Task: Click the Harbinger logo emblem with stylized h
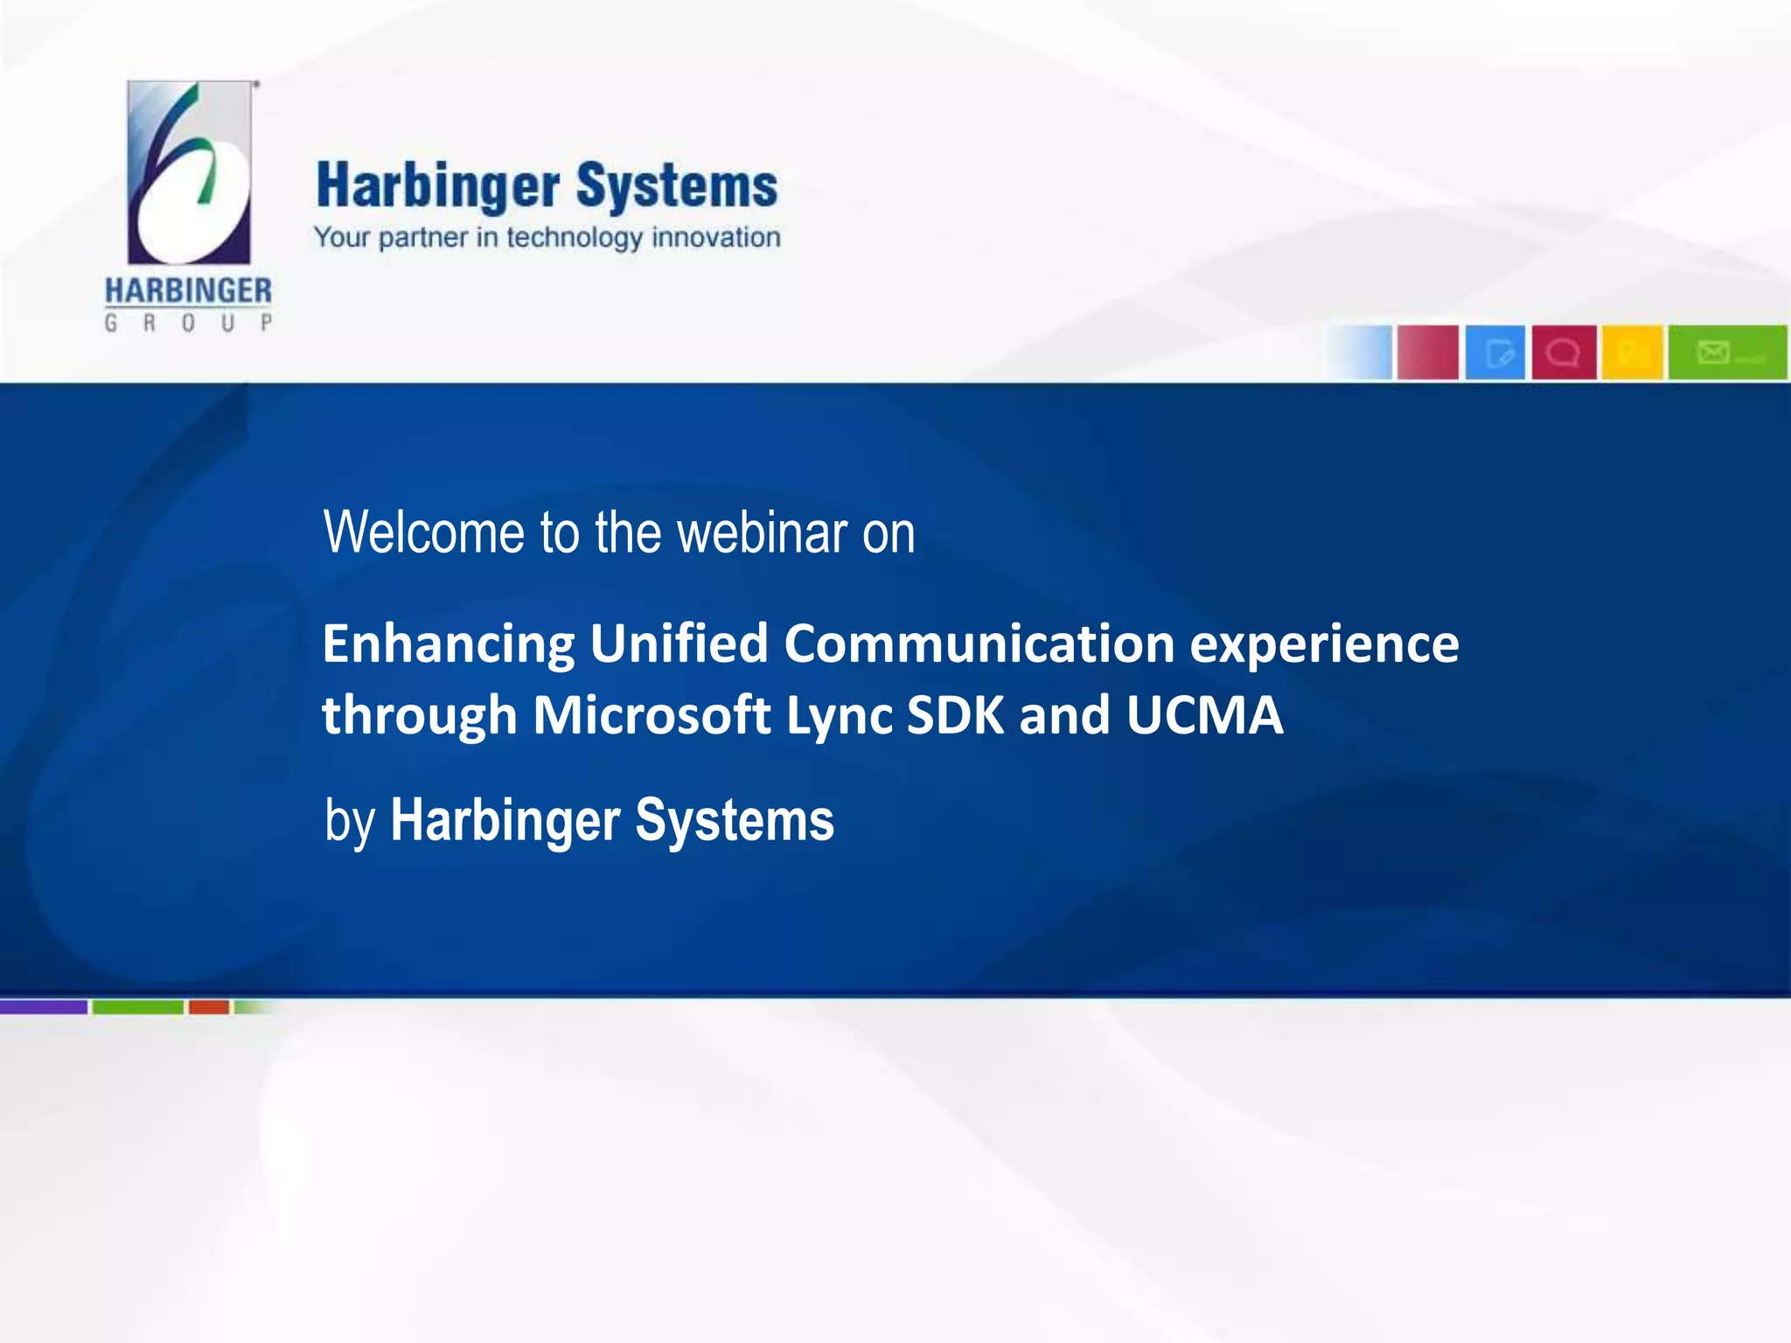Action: click(x=189, y=172)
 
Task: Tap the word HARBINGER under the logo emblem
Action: click(x=188, y=291)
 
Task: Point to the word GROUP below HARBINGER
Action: click(x=188, y=323)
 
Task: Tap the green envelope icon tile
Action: click(x=1726, y=352)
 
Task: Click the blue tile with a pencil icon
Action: click(x=1495, y=352)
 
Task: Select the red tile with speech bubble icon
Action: click(x=1564, y=352)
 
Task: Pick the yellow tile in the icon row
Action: click(x=1632, y=352)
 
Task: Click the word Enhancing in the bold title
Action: click(x=449, y=644)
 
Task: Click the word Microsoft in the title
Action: click(x=652, y=715)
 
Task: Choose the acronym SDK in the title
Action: click(x=956, y=715)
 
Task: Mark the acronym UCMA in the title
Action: click(x=1204, y=715)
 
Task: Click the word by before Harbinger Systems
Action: click(x=350, y=822)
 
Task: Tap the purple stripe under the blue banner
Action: click(x=44, y=1007)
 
